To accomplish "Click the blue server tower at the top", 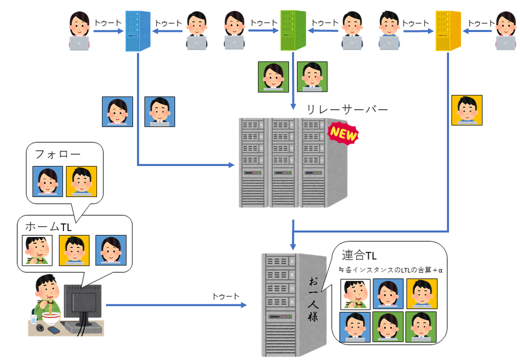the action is pos(138,31).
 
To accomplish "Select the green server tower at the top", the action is pos(293,30).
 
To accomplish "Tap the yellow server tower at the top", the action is pos(448,31).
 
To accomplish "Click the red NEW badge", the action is pos(343,134).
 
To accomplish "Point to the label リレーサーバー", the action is pos(347,109).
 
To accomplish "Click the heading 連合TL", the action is pos(359,255).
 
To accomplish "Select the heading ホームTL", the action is pos(48,227).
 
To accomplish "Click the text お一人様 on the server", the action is pos(313,300).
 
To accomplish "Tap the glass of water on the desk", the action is pos(34,319).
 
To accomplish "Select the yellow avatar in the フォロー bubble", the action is pos(81,181).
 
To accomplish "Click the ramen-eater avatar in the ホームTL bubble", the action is pos(37,250).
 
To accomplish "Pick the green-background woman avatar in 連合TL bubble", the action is pos(387,327).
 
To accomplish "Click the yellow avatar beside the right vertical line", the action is pos(467,110).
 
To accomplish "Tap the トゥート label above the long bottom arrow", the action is pos(225,296).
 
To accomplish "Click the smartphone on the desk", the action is pos(54,330).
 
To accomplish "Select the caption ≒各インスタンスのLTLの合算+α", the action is pos(391,270).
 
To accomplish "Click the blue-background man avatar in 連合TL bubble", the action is pos(355,327).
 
